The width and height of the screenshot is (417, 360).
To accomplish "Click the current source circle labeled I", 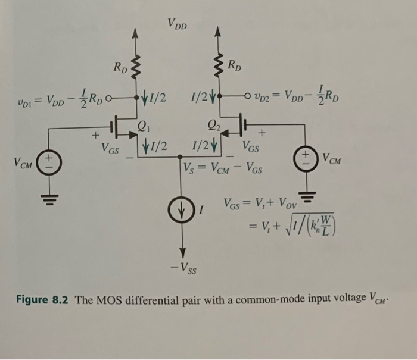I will pyautogui.click(x=183, y=210).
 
